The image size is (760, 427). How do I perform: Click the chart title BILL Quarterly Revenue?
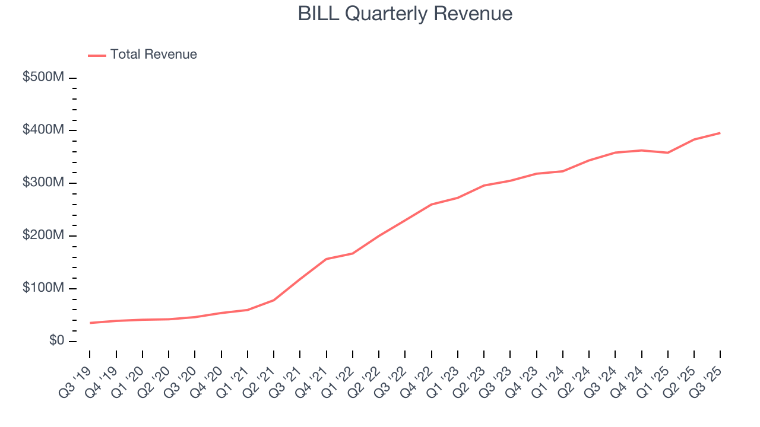[405, 14]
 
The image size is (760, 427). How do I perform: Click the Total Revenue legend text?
[153, 55]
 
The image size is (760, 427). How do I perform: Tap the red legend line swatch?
[97, 55]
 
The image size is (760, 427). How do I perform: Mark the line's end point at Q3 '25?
[720, 133]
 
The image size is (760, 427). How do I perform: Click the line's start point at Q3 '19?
[90, 323]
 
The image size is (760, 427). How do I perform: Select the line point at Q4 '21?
[327, 259]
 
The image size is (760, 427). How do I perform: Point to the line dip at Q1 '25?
[668, 152]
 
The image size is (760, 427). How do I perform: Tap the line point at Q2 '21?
[274, 300]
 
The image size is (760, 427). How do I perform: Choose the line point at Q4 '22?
[432, 205]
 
